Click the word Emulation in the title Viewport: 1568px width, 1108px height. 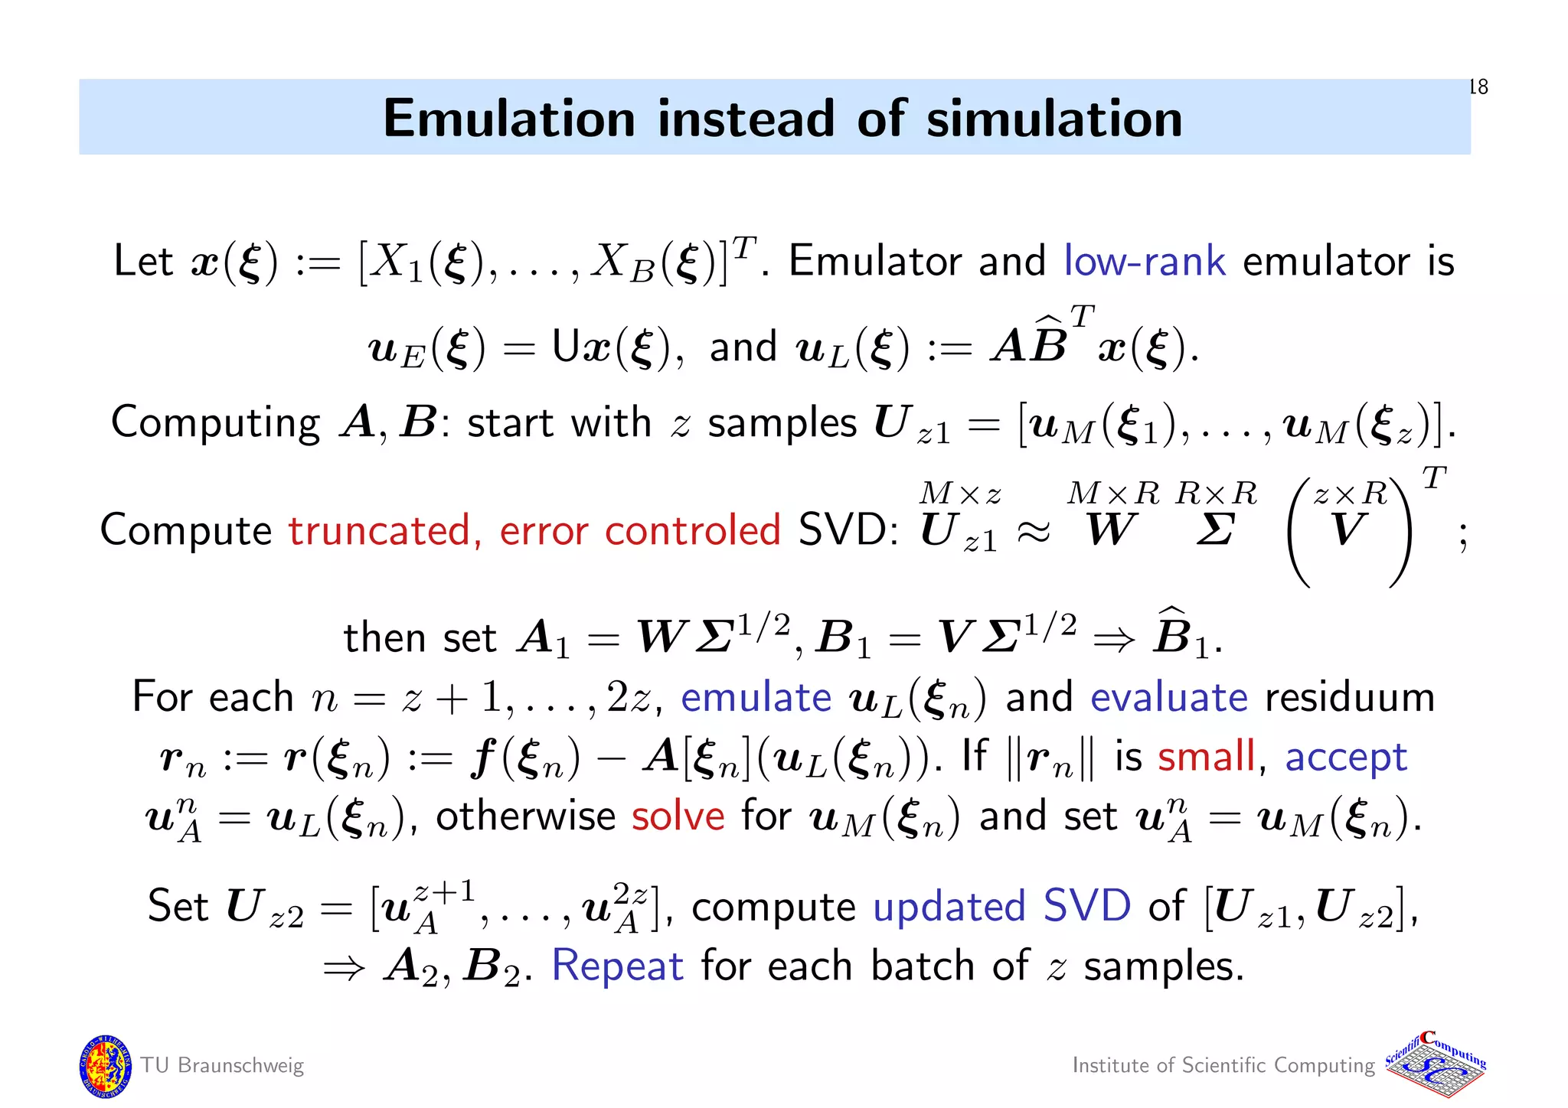(509, 119)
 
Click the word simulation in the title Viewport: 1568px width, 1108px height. (1053, 119)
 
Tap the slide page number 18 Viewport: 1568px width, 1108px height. (1478, 87)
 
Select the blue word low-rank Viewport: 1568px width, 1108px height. (1145, 261)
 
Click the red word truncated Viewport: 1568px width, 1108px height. (379, 530)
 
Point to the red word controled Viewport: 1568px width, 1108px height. (692, 530)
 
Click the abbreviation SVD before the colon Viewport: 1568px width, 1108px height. (844, 530)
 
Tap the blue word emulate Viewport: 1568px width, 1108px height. (756, 697)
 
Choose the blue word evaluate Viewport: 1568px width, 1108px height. (1168, 697)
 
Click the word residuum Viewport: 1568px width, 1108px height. (1349, 697)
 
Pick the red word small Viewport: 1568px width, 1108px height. (1206, 757)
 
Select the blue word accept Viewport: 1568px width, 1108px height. (1346, 758)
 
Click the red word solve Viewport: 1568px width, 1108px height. (678, 816)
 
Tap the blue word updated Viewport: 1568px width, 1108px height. (949, 908)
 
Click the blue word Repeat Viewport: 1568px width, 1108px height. (617, 966)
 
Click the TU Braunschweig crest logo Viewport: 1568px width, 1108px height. (105, 1065)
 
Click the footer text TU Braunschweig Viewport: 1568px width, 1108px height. (222, 1065)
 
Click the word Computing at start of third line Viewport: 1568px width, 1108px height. (215, 423)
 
